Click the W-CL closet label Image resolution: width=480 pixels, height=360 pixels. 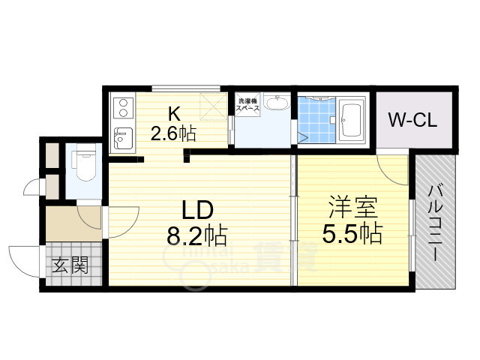tap(412, 119)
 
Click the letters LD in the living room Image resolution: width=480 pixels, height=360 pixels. tap(196, 208)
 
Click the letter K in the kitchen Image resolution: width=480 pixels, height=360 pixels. tap(173, 114)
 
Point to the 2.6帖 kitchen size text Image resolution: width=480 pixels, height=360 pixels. tap(173, 134)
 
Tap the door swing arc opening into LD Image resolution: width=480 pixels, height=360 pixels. tap(121, 217)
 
